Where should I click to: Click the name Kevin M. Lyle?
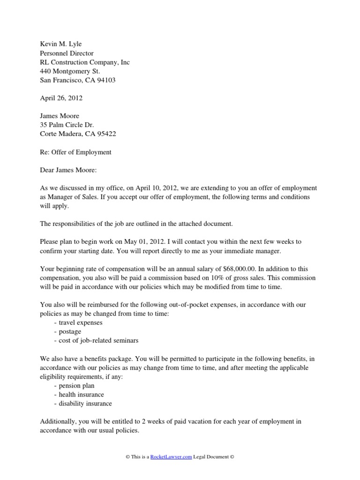coord(60,44)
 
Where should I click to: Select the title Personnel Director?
coord(66,53)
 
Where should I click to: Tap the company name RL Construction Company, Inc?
coord(84,62)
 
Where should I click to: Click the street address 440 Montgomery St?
coord(70,71)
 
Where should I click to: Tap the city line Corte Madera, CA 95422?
coord(78,134)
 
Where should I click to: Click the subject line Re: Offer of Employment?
coord(75,152)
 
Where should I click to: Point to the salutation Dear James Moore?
coord(68,170)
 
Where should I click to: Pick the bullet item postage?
coord(70,332)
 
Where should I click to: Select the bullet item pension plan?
coord(76,386)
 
